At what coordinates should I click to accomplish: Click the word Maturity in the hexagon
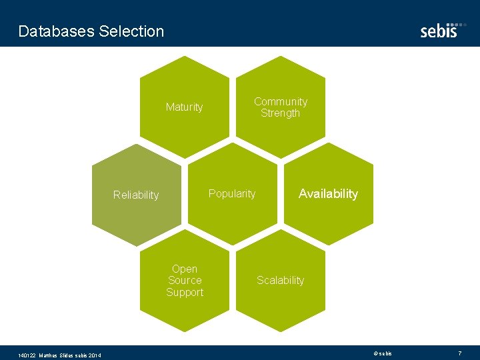pyautogui.click(x=184, y=107)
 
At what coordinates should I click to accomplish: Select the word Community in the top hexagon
pyautogui.click(x=281, y=102)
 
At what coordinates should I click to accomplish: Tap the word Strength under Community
pyautogui.click(x=281, y=113)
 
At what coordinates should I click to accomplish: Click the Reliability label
pyautogui.click(x=136, y=195)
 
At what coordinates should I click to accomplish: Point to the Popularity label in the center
pyautogui.click(x=232, y=194)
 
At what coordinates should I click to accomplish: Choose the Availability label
pyautogui.click(x=328, y=194)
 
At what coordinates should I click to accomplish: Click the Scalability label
pyautogui.click(x=281, y=281)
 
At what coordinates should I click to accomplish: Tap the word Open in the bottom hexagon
pyautogui.click(x=185, y=269)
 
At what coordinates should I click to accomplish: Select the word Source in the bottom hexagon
pyautogui.click(x=185, y=281)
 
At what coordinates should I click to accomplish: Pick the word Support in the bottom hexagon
pyautogui.click(x=185, y=293)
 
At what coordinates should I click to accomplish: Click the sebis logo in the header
pyautogui.click(x=439, y=31)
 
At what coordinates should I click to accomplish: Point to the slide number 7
pyautogui.click(x=459, y=353)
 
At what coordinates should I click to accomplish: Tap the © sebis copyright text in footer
pyautogui.click(x=383, y=353)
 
